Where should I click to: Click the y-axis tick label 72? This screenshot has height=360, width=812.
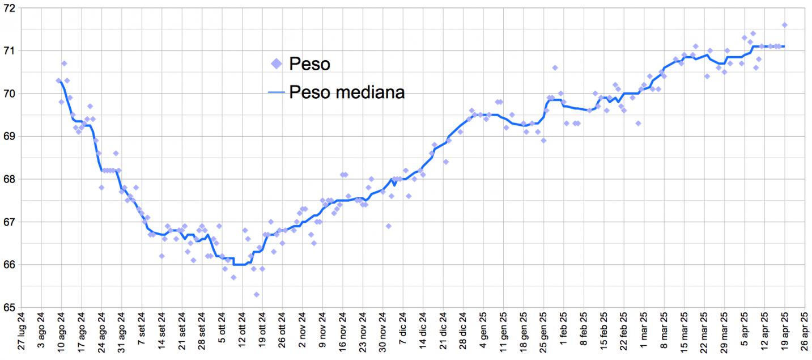pos(10,8)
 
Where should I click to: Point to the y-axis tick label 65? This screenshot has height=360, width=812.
pos(10,307)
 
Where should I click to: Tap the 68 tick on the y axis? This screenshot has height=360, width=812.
pos(10,179)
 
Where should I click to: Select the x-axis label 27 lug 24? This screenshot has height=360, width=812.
pos(22,335)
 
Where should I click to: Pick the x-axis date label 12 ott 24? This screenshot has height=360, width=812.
pos(243,335)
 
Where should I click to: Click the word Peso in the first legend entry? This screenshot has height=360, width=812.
pos(309,63)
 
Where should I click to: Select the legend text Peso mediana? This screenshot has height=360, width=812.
pos(347,92)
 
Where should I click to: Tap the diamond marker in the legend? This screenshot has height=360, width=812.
pos(277,63)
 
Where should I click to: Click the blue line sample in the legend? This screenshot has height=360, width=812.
pos(277,92)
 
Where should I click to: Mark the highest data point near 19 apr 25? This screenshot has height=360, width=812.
pos(785,25)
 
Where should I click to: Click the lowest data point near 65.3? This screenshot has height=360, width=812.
pos(256,294)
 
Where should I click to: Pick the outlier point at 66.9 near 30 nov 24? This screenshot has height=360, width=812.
pos(389,226)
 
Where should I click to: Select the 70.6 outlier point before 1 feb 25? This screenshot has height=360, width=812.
pos(555,67)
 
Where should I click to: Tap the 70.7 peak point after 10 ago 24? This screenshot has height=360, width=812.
pos(64,63)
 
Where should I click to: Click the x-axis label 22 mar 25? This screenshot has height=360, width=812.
pos(704,335)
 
